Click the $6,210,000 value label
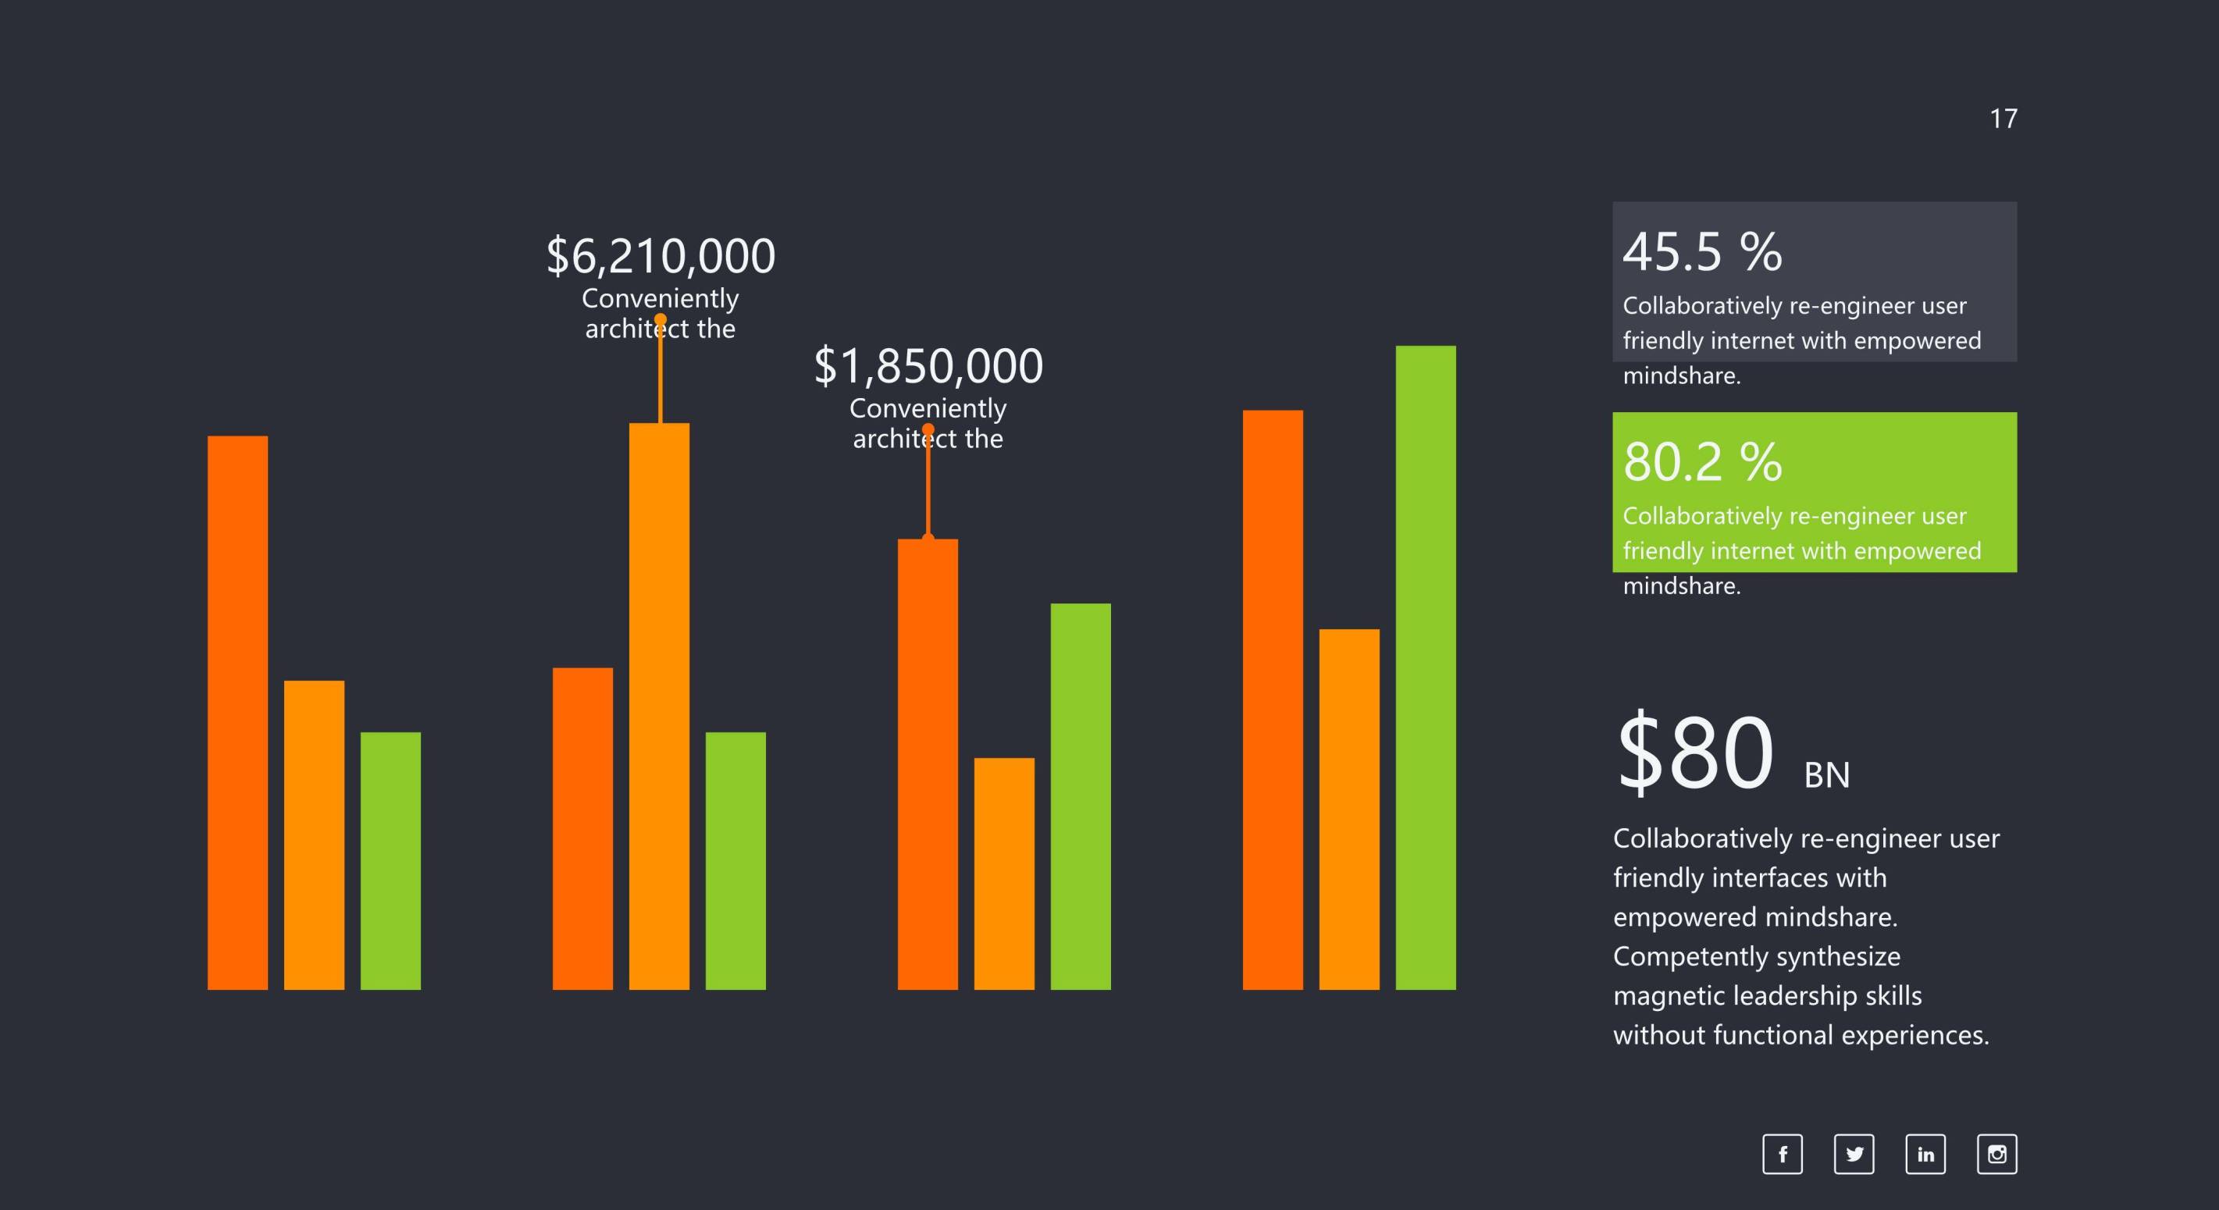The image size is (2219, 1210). coord(661,257)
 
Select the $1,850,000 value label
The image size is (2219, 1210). coord(928,366)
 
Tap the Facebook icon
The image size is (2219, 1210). coord(1783,1154)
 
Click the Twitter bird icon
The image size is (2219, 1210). coord(1854,1154)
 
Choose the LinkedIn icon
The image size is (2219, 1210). coord(1925,1154)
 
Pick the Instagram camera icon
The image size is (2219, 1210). coord(1996,1154)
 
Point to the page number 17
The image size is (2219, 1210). coord(2003,119)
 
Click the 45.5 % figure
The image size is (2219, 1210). coord(1702,252)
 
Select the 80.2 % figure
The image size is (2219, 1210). coord(1702,462)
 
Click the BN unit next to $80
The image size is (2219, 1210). coord(1827,775)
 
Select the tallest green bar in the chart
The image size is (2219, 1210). coord(1426,667)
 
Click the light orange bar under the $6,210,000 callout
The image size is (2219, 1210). coord(659,706)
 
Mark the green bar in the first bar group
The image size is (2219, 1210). coord(390,860)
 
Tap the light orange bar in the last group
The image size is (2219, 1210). coord(1349,809)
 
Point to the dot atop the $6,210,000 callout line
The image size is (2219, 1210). coord(661,319)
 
